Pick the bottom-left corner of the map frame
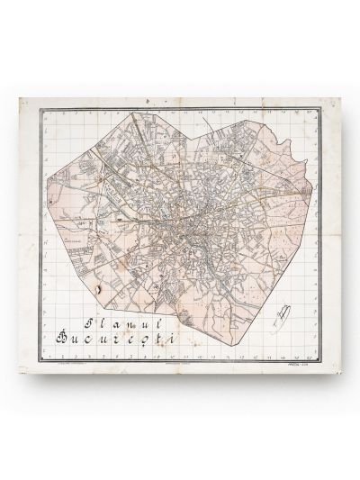pyautogui.click(x=38, y=356)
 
